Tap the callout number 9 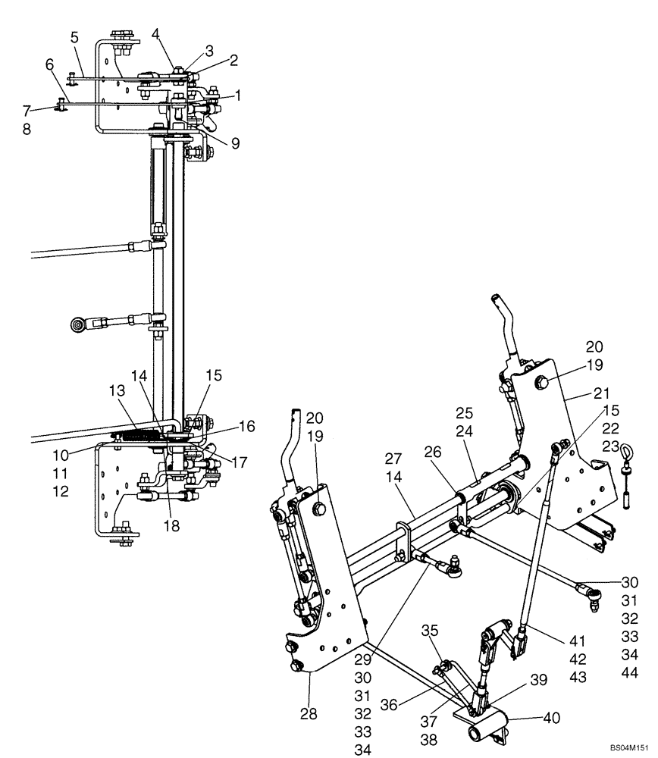236,142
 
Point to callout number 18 171,526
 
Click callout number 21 603,394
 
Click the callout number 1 237,95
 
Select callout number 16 247,427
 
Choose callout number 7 27,112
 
